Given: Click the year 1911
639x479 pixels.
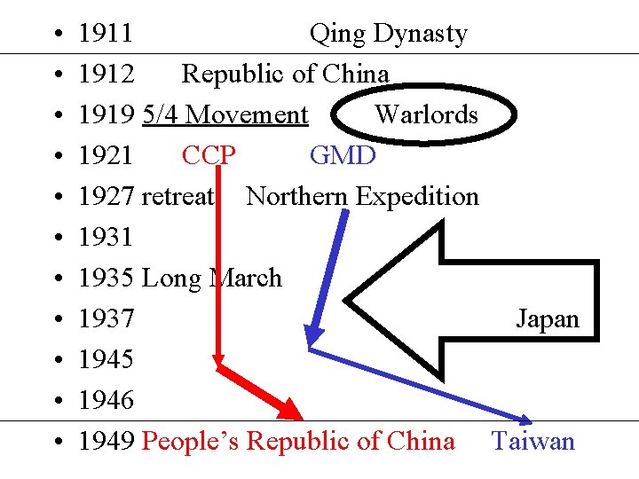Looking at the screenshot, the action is click(106, 34).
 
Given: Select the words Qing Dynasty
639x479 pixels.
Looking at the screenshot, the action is click(388, 34).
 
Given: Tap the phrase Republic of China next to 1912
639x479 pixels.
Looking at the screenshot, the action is click(285, 75).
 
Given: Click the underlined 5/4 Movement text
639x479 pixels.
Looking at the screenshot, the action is click(225, 115).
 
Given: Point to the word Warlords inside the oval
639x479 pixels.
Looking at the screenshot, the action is click(426, 114).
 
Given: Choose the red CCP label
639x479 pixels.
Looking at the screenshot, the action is click(209, 156).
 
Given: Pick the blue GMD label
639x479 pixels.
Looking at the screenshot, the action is click(343, 156).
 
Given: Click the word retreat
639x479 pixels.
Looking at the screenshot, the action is click(177, 197).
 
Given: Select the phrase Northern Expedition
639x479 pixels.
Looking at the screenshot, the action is click(362, 197).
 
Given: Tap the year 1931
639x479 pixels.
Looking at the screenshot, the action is click(106, 238).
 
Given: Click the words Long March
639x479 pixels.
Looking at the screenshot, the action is click(211, 279).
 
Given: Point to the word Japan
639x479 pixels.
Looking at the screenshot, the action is click(548, 319).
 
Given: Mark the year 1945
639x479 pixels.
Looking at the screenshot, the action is click(106, 360).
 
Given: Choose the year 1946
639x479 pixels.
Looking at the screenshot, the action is click(106, 401).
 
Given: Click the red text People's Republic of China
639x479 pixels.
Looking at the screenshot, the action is click(298, 441).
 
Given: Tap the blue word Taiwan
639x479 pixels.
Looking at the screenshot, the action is click(533, 441).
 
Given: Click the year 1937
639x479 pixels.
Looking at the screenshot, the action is click(106, 319).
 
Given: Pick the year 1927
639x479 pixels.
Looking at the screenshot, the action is click(106, 197).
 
